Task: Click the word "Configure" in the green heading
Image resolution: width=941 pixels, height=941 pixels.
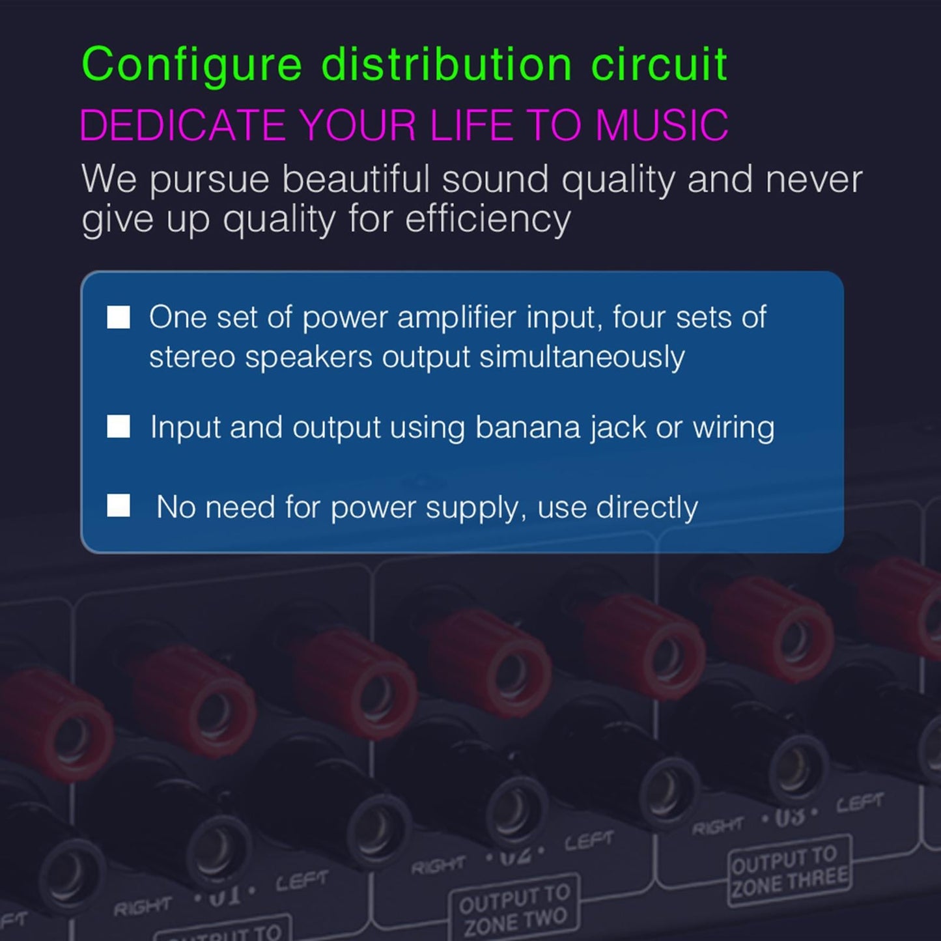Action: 192,65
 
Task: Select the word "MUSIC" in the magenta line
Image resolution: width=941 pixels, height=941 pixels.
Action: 662,124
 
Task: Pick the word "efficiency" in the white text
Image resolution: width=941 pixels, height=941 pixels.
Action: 488,219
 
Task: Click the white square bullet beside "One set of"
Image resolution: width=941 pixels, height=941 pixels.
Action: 119,318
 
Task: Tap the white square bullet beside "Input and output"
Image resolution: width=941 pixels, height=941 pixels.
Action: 119,427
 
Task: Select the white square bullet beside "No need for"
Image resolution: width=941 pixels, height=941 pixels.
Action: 119,506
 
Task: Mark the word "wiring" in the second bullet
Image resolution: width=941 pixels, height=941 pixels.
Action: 733,428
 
